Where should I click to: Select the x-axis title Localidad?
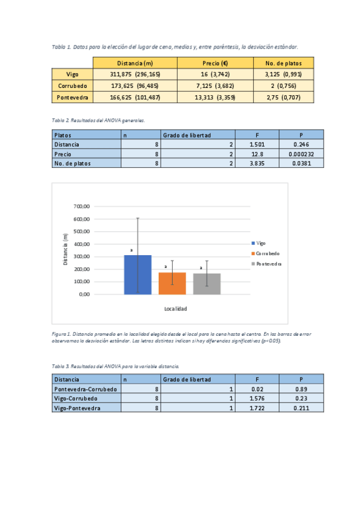pyautogui.click(x=175, y=309)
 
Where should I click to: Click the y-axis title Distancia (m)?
pyautogui.click(x=65, y=250)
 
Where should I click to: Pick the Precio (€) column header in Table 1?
pyautogui.click(x=215, y=62)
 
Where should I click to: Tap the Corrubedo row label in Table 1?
pyautogui.click(x=72, y=85)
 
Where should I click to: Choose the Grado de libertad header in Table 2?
pyautogui.click(x=187, y=135)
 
